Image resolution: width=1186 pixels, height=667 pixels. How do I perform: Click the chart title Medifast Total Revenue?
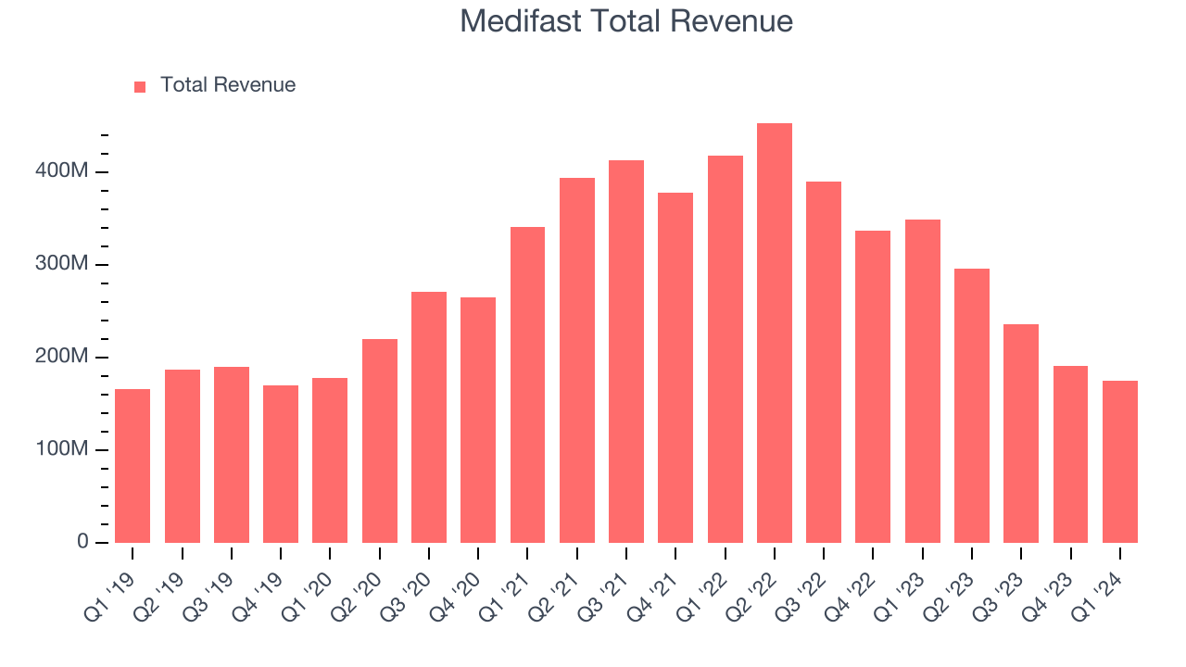click(626, 21)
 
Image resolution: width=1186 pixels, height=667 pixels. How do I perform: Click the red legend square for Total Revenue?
click(140, 86)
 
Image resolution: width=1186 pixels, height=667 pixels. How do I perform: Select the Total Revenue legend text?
click(228, 85)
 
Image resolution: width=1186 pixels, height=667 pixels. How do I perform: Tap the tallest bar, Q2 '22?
click(775, 333)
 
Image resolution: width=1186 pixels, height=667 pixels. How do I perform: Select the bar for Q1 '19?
click(132, 466)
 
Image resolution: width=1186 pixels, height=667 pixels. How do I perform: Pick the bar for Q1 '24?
click(1119, 461)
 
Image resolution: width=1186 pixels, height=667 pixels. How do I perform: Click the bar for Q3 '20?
click(429, 417)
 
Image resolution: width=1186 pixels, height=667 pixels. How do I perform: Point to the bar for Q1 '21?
click(527, 384)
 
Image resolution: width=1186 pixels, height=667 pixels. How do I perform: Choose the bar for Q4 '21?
click(675, 368)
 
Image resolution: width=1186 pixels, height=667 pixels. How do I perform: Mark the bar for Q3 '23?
click(1021, 434)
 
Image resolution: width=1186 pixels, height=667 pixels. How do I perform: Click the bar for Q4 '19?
click(281, 464)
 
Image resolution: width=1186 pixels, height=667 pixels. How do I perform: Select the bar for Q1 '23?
click(922, 381)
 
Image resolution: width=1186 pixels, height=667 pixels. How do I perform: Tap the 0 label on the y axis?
click(83, 542)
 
